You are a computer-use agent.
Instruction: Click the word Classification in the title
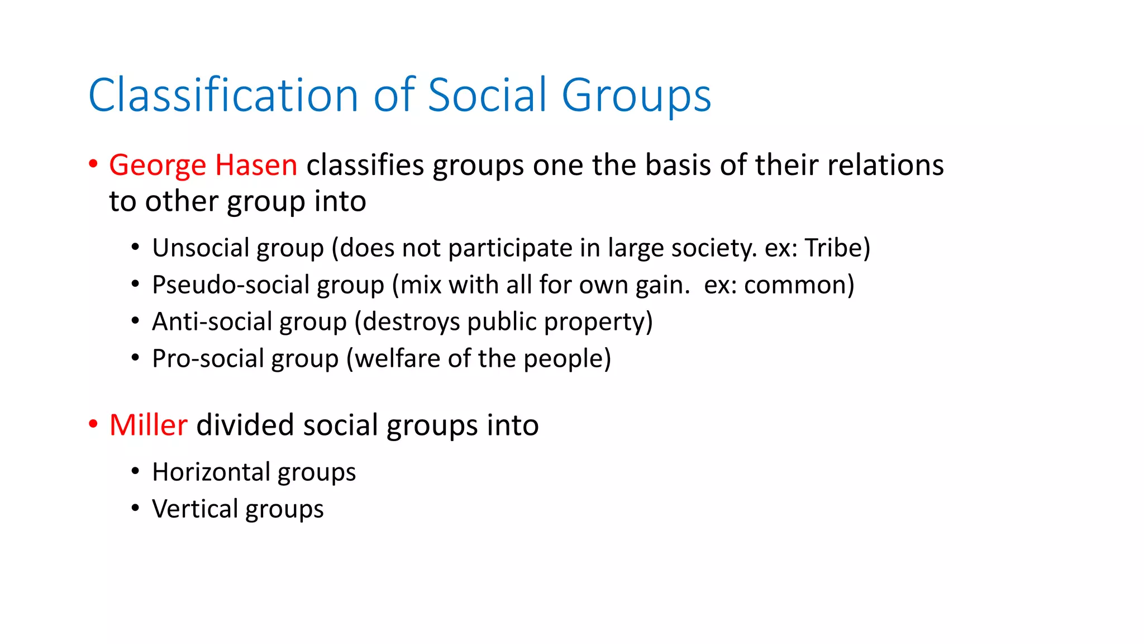(223, 95)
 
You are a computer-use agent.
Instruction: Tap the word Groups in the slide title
(636, 96)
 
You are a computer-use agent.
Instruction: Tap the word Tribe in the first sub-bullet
(834, 248)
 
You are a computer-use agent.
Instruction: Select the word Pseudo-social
(231, 285)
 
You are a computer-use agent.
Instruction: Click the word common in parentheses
(796, 285)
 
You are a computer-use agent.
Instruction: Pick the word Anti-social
(212, 321)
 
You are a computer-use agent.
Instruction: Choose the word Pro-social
(208, 358)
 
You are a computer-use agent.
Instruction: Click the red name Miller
(148, 425)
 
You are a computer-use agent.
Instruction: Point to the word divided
(245, 425)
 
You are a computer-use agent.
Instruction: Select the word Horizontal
(211, 472)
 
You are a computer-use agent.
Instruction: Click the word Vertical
(195, 509)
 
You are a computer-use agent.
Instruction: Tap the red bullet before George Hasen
(93, 164)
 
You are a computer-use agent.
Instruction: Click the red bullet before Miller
(93, 424)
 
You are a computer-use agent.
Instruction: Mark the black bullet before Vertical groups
(135, 508)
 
